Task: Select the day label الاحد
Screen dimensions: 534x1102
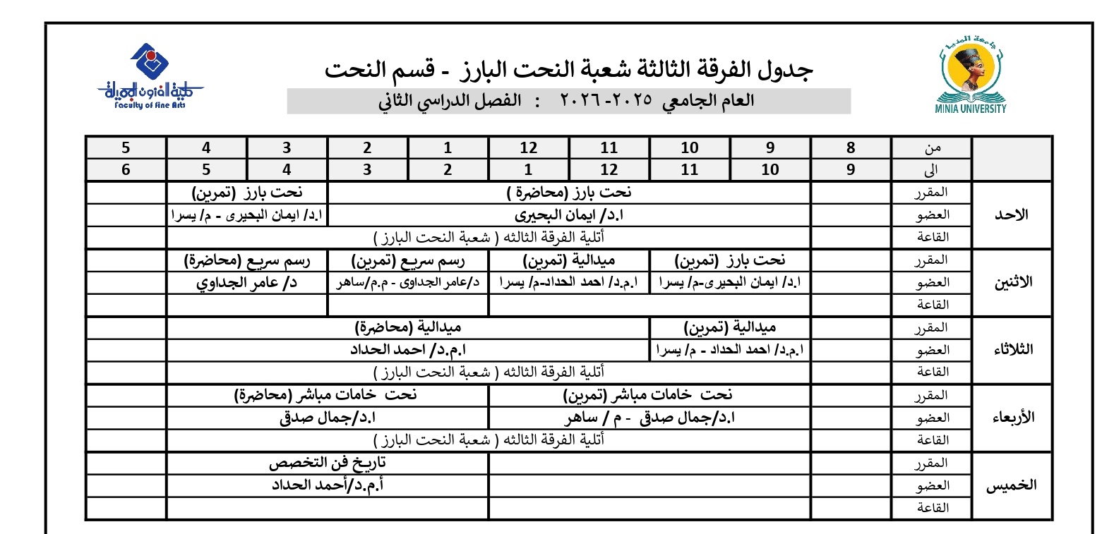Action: pyautogui.click(x=1012, y=215)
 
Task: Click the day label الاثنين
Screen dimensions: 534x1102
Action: pyautogui.click(x=1012, y=281)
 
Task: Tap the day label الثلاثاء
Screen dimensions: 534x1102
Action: pyautogui.click(x=1012, y=350)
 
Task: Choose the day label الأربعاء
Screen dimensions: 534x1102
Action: pyautogui.click(x=1012, y=417)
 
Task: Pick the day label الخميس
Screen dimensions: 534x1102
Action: pyautogui.click(x=1012, y=485)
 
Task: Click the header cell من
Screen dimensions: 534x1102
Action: pyautogui.click(x=932, y=148)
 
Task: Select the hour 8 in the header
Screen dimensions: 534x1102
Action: pyautogui.click(x=851, y=148)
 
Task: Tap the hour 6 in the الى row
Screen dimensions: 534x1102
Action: pyautogui.click(x=126, y=170)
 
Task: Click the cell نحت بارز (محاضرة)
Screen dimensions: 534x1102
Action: pyautogui.click(x=569, y=192)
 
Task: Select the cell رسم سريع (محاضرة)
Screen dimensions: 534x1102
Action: pyautogui.click(x=247, y=260)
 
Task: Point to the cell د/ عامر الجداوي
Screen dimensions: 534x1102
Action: pyautogui.click(x=247, y=283)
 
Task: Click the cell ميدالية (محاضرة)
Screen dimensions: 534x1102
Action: pyautogui.click(x=408, y=328)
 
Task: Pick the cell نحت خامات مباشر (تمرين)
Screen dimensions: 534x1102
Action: pyautogui.click(x=649, y=395)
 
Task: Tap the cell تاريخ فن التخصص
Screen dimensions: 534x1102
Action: pyautogui.click(x=328, y=463)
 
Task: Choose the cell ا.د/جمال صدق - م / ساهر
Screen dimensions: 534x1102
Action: pyautogui.click(x=649, y=418)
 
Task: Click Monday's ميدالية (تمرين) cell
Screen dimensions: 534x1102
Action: pyautogui.click(x=569, y=260)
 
